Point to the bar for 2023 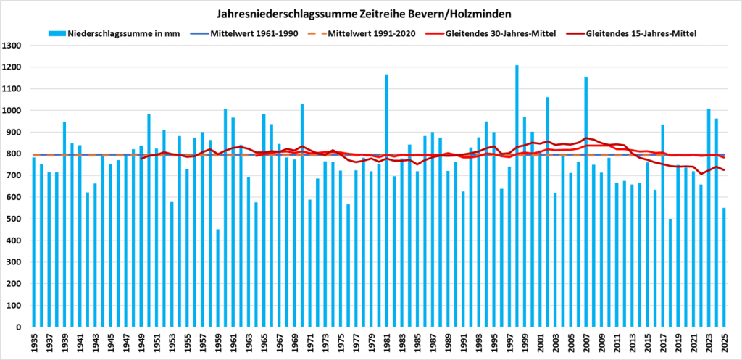pos(708,218)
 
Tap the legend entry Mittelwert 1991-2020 pos(370,34)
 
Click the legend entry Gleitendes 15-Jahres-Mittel pos(637,34)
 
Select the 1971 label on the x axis pos(309,343)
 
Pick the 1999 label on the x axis pos(524,343)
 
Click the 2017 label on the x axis pos(662,343)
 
